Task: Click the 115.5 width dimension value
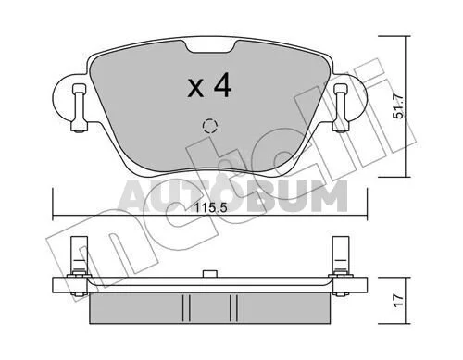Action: point(210,207)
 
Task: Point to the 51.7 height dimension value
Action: point(398,106)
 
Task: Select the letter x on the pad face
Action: point(196,89)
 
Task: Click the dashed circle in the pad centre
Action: point(210,126)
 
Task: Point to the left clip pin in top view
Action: point(78,108)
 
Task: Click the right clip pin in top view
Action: point(340,108)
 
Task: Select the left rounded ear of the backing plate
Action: point(65,100)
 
